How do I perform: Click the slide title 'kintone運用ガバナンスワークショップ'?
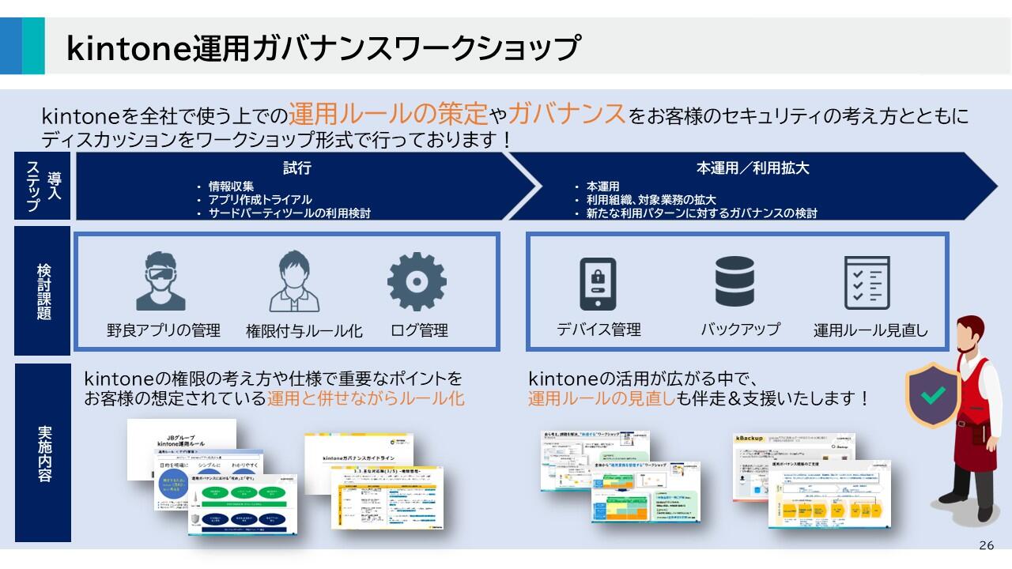tap(323, 47)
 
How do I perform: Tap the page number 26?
tap(986, 545)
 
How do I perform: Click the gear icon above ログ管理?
tap(417, 281)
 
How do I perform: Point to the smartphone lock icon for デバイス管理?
tap(598, 283)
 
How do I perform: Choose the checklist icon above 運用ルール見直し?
tap(867, 282)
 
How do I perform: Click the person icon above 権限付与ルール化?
tap(295, 281)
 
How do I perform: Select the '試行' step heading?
tap(297, 168)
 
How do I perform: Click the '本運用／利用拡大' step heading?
tap(752, 168)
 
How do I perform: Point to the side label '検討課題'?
tap(43, 291)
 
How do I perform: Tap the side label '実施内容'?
tap(43, 454)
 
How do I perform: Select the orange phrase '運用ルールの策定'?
tap(387, 115)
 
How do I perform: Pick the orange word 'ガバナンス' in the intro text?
tap(566, 115)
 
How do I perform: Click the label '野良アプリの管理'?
tap(163, 330)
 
